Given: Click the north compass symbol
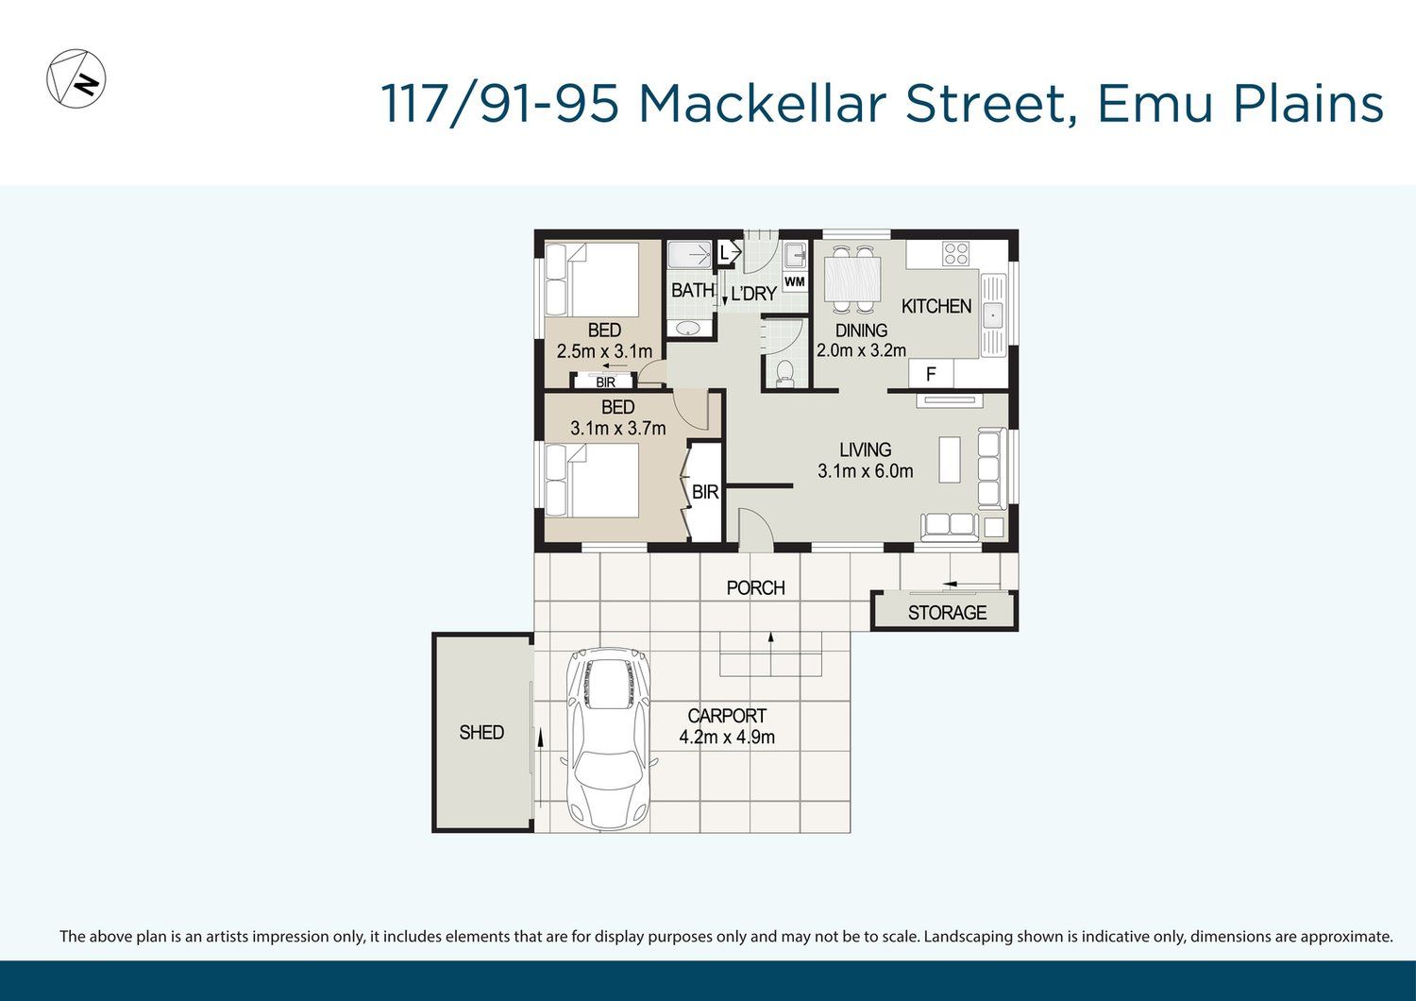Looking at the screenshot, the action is tap(76, 78).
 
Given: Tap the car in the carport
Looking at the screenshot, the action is tap(608, 738).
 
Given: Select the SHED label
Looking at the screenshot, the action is tap(481, 732).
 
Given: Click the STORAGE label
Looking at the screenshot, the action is tap(947, 612).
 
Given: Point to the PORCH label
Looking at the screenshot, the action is tap(755, 588).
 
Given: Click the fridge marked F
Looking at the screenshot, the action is tap(931, 374).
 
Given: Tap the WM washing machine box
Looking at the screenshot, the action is tap(795, 281).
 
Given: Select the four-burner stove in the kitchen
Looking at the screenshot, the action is tap(955, 254).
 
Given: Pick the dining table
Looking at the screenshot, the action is tap(852, 279).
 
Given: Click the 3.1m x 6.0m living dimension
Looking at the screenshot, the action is tap(865, 471).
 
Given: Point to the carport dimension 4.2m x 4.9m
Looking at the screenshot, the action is tap(727, 738).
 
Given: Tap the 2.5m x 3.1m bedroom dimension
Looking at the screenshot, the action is tap(604, 351).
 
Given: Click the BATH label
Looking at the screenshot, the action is tap(693, 290).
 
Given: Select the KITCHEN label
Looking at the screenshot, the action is tap(936, 307).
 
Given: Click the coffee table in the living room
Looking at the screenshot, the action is tap(950, 460).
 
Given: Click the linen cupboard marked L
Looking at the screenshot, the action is tap(725, 253).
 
